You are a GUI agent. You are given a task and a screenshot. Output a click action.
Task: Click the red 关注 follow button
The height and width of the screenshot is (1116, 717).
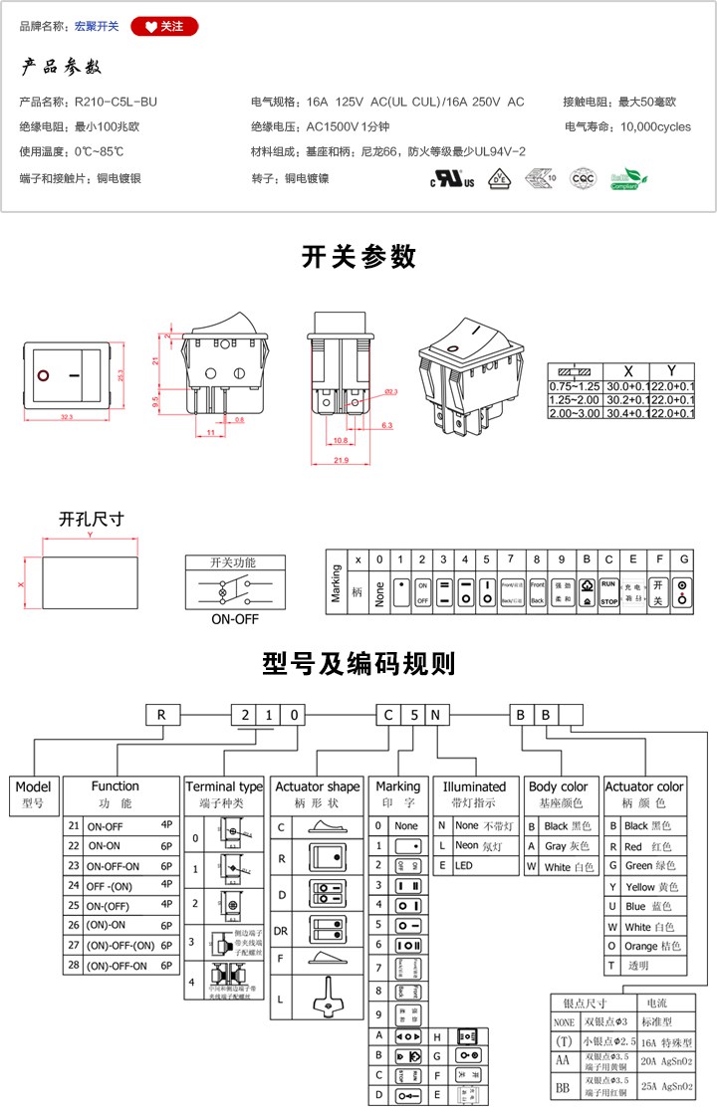[164, 27]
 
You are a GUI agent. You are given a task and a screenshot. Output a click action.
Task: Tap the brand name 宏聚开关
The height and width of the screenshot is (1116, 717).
[97, 27]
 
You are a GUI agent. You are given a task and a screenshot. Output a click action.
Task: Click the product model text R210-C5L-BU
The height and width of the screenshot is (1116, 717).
[116, 102]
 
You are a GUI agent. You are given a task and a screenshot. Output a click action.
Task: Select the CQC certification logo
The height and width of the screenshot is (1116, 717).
[582, 179]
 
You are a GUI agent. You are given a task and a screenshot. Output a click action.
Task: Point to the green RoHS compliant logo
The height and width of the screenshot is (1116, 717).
[628, 179]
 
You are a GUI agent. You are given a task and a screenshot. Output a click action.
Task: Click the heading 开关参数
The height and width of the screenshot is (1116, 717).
[358, 257]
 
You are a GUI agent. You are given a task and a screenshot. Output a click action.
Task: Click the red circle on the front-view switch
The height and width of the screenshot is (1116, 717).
[44, 376]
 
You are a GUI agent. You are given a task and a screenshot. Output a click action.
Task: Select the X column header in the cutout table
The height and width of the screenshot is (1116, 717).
[627, 369]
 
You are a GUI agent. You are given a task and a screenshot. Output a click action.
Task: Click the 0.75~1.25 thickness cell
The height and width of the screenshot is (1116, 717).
[575, 385]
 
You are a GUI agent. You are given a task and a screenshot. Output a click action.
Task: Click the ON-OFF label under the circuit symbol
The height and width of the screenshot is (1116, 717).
[234, 618]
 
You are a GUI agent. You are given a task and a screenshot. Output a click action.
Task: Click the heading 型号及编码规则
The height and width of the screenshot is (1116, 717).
[358, 664]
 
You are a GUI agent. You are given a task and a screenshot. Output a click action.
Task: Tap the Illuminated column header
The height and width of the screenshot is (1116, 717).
[474, 786]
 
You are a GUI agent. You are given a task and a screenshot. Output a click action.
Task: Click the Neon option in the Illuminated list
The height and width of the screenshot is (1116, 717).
[467, 846]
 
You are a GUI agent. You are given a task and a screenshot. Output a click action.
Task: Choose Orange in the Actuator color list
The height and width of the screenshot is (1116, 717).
[640, 946]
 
